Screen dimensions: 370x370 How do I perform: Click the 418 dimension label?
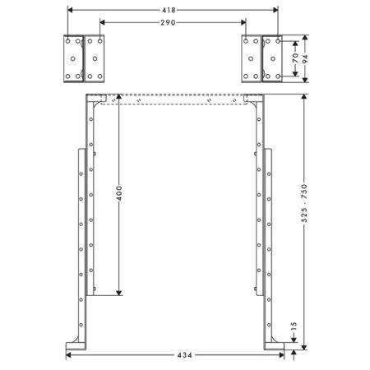169,10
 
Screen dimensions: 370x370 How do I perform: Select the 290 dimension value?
168,22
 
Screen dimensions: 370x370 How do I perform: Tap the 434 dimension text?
185,355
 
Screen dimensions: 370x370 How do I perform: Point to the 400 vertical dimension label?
119,193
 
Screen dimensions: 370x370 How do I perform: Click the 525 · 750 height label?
304,203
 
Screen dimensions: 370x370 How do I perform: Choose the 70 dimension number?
295,58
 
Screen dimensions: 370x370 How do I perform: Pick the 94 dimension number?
305,58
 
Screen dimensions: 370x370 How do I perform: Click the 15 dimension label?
294,326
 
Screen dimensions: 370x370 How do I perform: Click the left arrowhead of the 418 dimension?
70,10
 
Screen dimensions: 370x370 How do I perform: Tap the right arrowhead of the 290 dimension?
243,22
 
